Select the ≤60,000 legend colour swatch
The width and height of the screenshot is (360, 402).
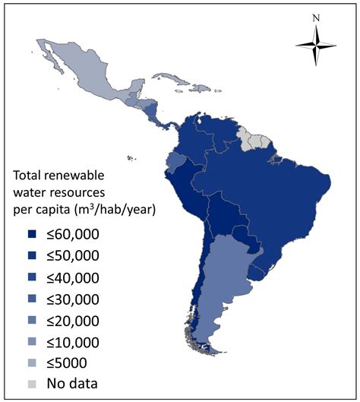click(x=32, y=233)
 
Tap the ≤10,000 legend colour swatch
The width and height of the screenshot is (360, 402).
click(x=32, y=341)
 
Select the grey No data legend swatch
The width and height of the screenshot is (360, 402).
click(x=32, y=384)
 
